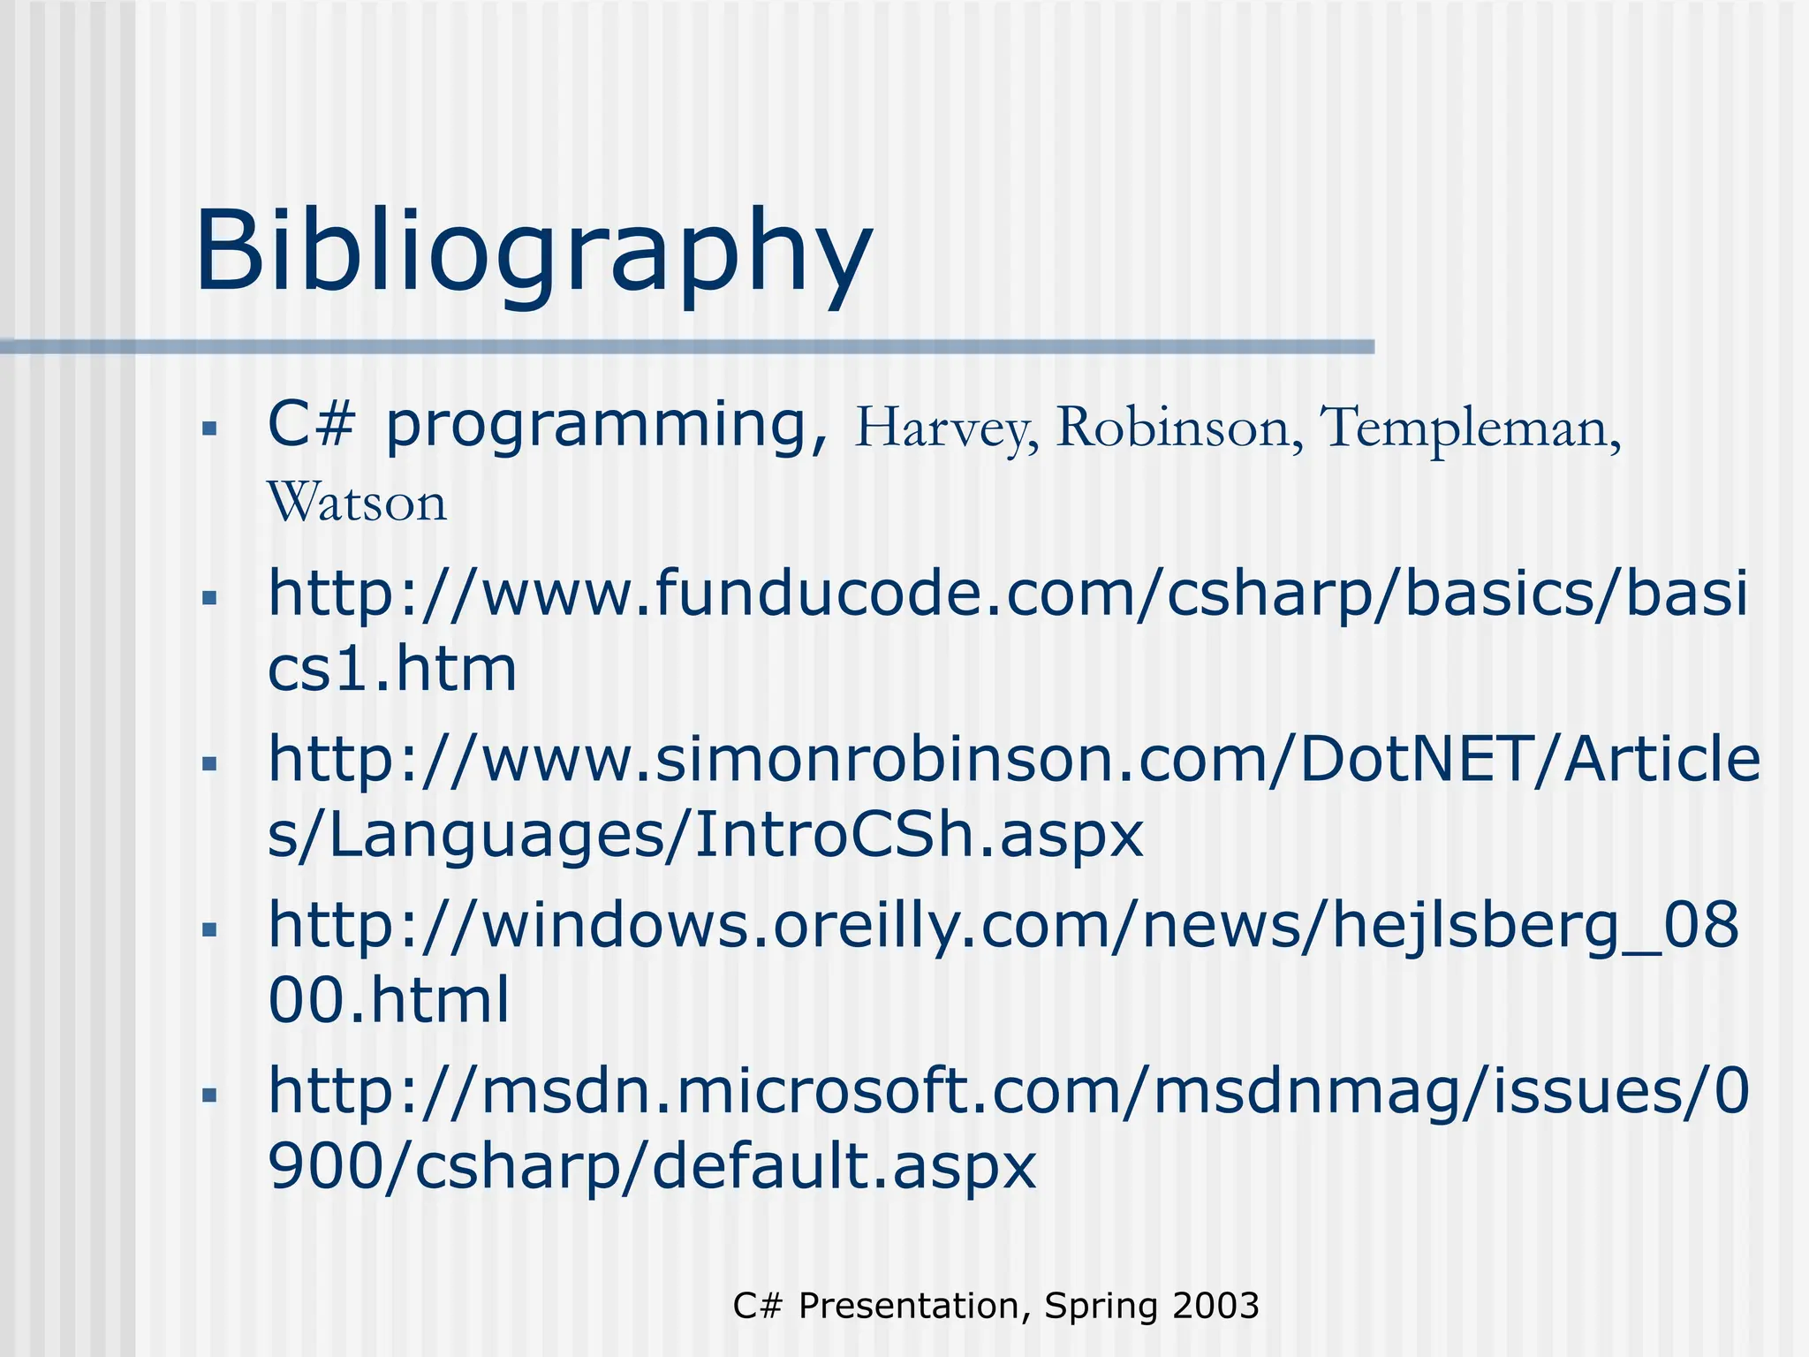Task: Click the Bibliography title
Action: coord(534,252)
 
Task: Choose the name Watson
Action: coord(357,503)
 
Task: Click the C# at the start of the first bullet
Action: coord(311,426)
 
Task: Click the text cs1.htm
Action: coord(391,670)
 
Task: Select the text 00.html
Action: coord(389,1001)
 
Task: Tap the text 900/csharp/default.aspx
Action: coord(652,1166)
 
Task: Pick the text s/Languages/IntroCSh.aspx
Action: coord(705,835)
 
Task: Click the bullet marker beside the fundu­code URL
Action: coord(209,598)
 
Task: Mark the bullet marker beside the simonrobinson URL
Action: coord(209,763)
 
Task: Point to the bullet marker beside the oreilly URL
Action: coord(209,929)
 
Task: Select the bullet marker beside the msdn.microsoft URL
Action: coord(209,1095)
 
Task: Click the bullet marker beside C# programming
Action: coord(209,430)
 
